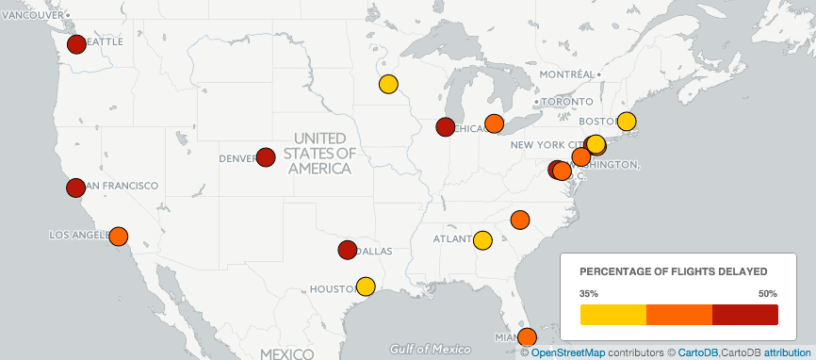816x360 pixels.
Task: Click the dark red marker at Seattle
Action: [77, 43]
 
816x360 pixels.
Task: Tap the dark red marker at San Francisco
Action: [76, 188]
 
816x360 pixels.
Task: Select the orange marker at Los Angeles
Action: [119, 236]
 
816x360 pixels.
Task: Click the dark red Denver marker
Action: [266, 157]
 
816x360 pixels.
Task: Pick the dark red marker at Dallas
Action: [347, 250]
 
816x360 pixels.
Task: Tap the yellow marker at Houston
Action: [366, 286]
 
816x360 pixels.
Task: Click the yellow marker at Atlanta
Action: [482, 240]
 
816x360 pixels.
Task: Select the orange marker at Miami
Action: [527, 336]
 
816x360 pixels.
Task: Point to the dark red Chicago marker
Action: [446, 127]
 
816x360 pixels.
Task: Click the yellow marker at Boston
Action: [627, 122]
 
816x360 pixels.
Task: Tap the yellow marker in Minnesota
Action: [387, 84]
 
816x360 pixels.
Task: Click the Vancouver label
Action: [32, 16]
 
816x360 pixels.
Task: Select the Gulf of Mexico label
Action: [429, 348]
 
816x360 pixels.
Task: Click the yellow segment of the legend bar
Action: [612, 315]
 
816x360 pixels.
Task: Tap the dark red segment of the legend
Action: [744, 315]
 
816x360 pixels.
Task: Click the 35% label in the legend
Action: [589, 293]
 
